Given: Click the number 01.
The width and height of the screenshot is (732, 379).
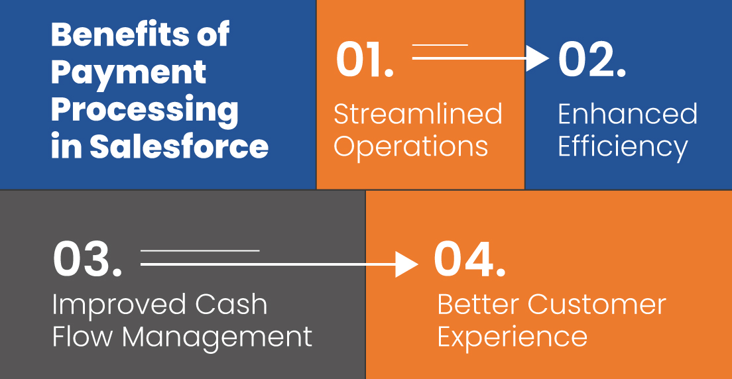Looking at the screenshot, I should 364,60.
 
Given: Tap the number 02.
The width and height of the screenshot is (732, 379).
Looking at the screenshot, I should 591,60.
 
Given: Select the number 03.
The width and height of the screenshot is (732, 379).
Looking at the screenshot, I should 87,261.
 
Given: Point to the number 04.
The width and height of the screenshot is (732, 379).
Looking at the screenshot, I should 469,261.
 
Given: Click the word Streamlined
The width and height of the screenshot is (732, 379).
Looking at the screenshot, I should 418,115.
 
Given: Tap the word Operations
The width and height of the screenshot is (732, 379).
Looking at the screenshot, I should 410,146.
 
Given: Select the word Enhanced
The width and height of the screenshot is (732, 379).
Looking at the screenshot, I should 627,115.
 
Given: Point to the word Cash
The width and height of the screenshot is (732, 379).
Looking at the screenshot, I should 231,305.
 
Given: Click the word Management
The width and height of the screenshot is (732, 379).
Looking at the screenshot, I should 217,337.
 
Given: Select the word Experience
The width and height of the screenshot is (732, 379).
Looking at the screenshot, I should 512,338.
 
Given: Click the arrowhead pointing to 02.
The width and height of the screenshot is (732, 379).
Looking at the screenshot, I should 539,58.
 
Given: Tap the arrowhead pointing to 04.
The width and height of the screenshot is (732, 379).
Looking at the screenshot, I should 407,264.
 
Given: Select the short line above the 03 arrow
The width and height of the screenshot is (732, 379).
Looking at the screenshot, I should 200,250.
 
